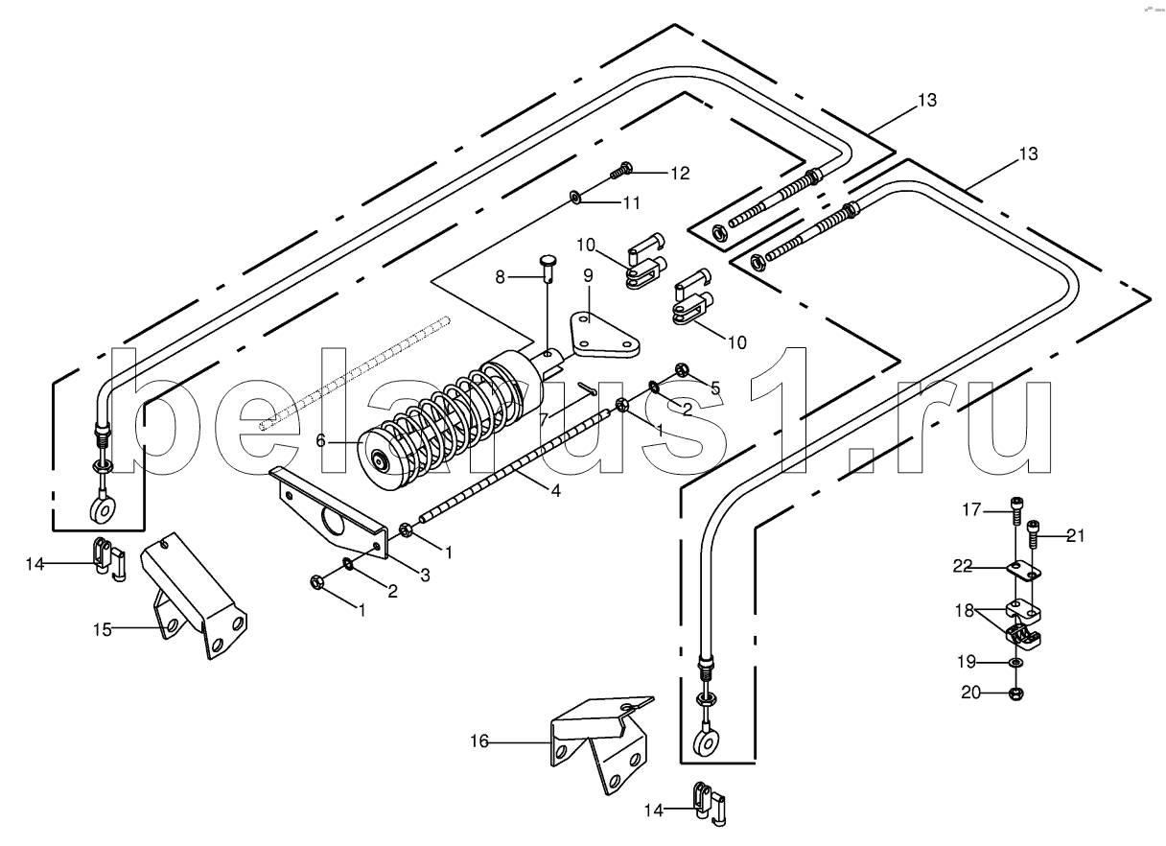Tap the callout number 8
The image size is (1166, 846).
tap(500, 277)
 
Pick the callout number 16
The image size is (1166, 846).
tap(479, 740)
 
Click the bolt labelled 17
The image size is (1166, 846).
tap(1015, 507)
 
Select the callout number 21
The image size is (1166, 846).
tap(1075, 536)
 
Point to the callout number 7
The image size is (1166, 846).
tap(543, 419)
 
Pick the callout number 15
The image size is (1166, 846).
tap(103, 630)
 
